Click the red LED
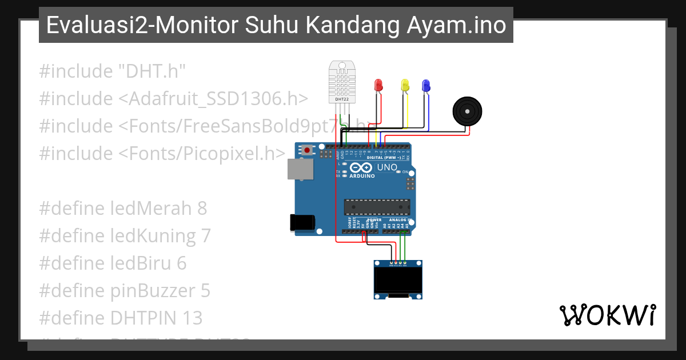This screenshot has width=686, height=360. pyautogui.click(x=378, y=86)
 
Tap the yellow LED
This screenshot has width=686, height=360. pyautogui.click(x=405, y=86)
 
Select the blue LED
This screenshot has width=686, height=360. pyautogui.click(x=425, y=86)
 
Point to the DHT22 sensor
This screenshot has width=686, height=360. pyautogui.click(x=343, y=82)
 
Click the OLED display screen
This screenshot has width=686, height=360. pyautogui.click(x=398, y=280)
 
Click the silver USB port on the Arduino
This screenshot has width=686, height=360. pyautogui.click(x=300, y=169)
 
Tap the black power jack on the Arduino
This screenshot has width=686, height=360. pyautogui.click(x=304, y=222)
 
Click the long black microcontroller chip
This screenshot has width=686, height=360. pyautogui.click(x=377, y=207)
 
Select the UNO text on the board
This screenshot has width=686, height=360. pyautogui.click(x=388, y=167)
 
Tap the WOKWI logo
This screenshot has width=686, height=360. pyautogui.click(x=607, y=315)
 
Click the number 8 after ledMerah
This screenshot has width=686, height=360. pyautogui.click(x=202, y=209)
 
